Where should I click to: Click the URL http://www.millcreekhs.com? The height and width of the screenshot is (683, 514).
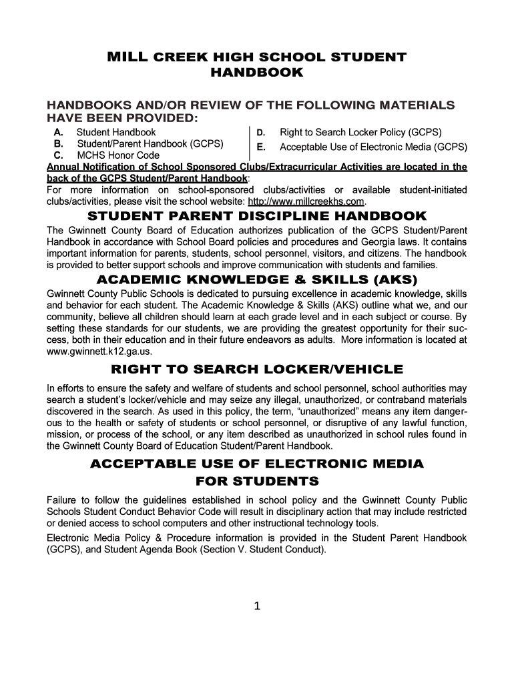(x=306, y=201)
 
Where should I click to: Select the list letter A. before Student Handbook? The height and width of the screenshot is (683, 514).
(x=59, y=132)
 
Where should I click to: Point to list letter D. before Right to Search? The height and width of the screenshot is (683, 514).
(x=262, y=133)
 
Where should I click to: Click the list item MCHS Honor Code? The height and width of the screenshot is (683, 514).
(x=118, y=155)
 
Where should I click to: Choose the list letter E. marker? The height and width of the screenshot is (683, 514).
(x=262, y=147)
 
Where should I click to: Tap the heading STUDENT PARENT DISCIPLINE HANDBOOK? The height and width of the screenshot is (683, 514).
(x=257, y=216)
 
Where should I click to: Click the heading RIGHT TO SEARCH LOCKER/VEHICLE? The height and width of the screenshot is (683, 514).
(x=257, y=369)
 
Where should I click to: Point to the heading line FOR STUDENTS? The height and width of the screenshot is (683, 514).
(x=257, y=481)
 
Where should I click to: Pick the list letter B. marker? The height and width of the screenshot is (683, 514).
(x=59, y=143)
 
